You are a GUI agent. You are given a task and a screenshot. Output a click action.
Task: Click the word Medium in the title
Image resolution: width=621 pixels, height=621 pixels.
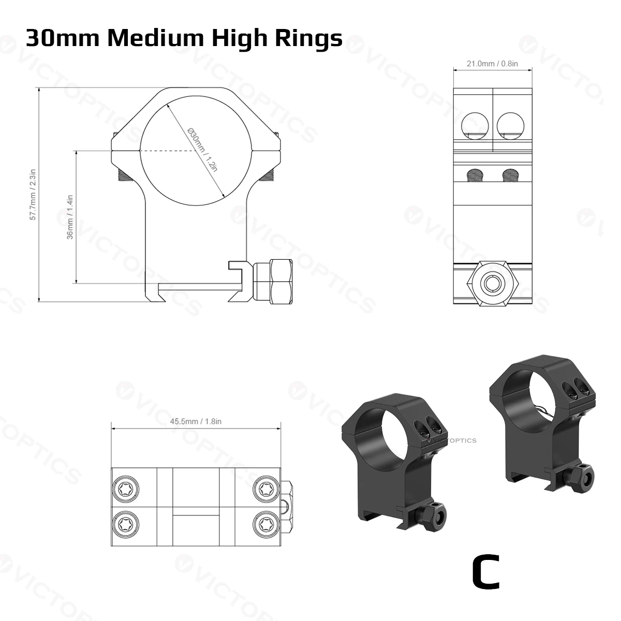[x=156, y=38]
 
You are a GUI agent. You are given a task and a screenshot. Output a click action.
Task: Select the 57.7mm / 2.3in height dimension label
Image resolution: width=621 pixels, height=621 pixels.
[x=33, y=195]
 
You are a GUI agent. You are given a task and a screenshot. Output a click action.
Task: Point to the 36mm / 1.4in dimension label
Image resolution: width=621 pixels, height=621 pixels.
[x=70, y=217]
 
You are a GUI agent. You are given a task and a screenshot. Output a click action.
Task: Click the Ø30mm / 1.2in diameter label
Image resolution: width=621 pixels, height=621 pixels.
[x=203, y=150]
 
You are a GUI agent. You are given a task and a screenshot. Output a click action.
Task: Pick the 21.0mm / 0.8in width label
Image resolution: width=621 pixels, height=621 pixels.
[x=492, y=64]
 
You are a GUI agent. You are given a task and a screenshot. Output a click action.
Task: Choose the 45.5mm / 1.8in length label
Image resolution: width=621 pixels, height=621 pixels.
[x=196, y=421]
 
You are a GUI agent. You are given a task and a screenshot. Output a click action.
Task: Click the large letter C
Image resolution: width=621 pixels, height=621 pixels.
[x=486, y=576]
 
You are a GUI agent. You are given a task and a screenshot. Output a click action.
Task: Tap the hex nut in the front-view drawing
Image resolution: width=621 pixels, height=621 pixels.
[x=273, y=282]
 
